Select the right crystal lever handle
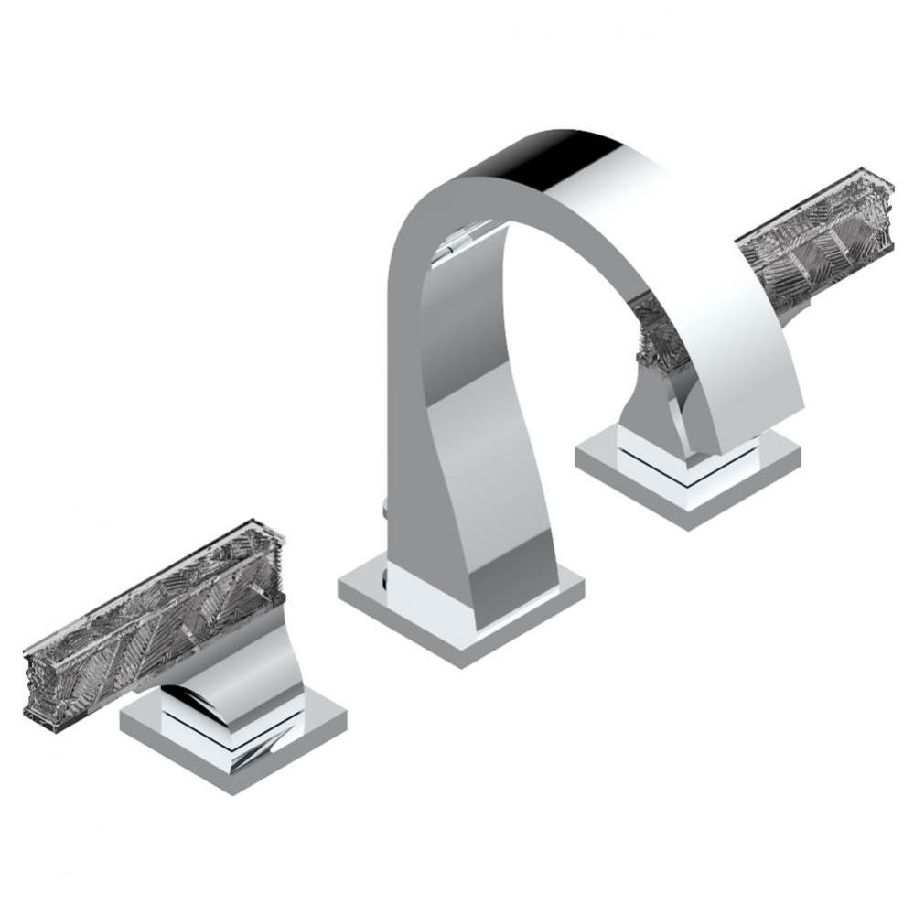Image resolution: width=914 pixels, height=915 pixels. [x=814, y=229]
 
